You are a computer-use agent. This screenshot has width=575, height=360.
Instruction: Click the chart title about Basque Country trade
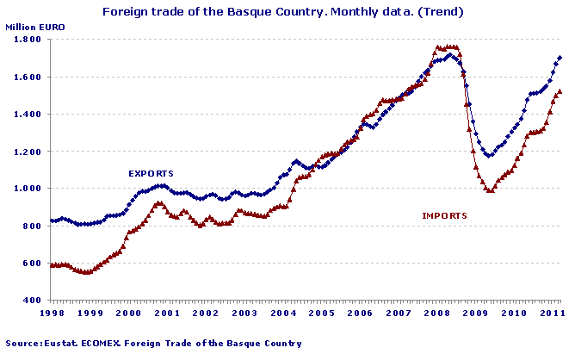tap(284, 12)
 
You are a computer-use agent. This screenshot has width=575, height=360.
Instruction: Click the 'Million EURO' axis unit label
tap(34, 28)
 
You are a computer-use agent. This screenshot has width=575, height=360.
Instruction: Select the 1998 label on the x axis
tap(51, 314)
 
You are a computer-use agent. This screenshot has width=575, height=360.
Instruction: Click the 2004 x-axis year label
tap(282, 314)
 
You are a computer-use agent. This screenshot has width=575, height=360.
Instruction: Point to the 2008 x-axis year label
tap(436, 314)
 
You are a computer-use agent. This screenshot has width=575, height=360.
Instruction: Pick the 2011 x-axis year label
tap(552, 314)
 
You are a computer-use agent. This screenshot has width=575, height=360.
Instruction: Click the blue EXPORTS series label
tap(151, 173)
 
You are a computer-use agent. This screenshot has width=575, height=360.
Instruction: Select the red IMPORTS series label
tap(444, 215)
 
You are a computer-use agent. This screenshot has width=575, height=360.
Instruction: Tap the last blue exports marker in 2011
tap(560, 58)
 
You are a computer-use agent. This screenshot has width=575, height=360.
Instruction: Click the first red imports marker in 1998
tap(52, 265)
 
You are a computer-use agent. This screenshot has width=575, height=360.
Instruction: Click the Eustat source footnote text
tap(153, 344)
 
